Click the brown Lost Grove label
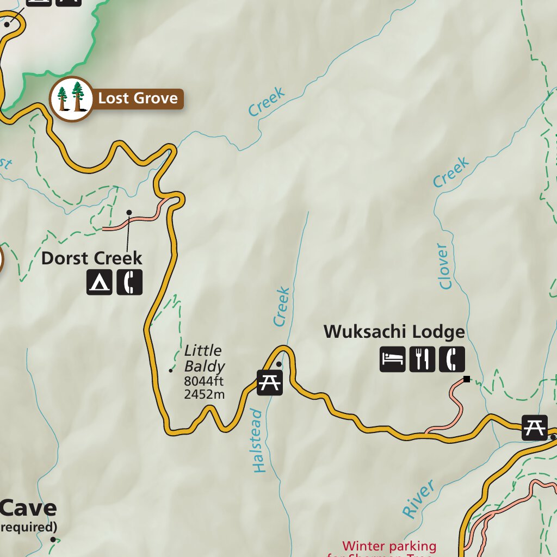138,98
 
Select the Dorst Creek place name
91,258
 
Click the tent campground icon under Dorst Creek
100,282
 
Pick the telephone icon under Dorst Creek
129,282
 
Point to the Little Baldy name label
203,358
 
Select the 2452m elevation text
204,395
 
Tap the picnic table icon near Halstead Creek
270,382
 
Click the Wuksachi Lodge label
394,332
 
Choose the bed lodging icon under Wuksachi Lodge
393,359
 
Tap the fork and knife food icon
422,359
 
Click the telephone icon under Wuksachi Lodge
452,359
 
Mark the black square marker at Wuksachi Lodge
466,379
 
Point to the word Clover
445,267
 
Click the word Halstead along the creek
258,441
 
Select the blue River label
418,499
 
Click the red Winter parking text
389,546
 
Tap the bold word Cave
28,508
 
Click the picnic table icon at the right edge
534,427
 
